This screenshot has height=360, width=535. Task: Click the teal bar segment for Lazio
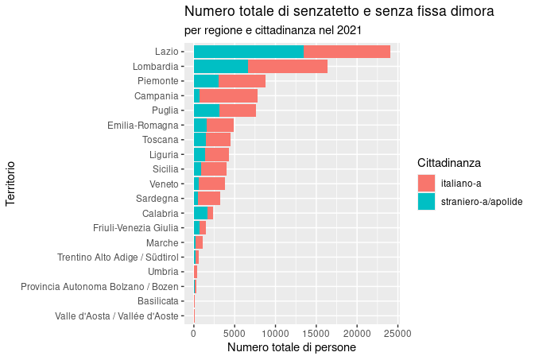[x=248, y=52]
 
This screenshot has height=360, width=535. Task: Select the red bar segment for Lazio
[x=347, y=52]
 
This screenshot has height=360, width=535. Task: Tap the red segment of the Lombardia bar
[x=287, y=66]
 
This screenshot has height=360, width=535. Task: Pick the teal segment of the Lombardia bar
[x=220, y=66]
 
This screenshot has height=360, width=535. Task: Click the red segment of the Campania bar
[x=228, y=95]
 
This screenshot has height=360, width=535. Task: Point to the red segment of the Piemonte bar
[x=242, y=81]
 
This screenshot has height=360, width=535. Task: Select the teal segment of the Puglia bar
[x=206, y=110]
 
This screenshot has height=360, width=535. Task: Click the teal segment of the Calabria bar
[x=200, y=212]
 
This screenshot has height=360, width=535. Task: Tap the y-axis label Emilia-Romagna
[x=142, y=125]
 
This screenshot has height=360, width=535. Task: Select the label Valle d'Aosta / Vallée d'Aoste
[x=116, y=315]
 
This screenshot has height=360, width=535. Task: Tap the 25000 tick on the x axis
[x=398, y=333]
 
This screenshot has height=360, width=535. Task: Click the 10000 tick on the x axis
[x=275, y=333]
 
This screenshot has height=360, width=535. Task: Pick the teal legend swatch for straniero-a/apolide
[x=427, y=202]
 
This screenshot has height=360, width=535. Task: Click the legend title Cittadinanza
[x=449, y=163]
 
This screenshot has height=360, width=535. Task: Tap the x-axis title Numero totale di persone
[x=291, y=348]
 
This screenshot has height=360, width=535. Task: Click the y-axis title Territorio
[x=10, y=184]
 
